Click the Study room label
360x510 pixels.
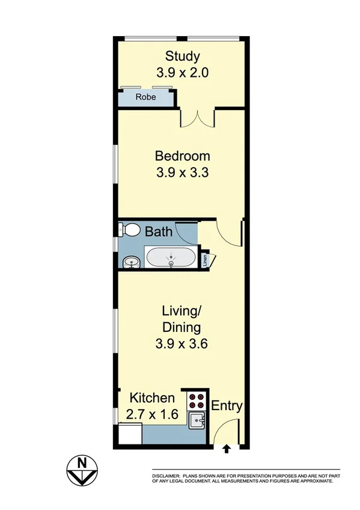(x=182, y=57)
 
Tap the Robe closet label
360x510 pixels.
(x=145, y=97)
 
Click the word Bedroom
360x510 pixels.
(x=182, y=156)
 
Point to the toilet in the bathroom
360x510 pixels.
(x=129, y=230)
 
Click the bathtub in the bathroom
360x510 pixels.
(x=171, y=257)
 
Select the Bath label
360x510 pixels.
(x=159, y=232)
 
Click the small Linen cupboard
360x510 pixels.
(x=206, y=260)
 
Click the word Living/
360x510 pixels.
(x=181, y=312)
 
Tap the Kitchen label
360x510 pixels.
(x=153, y=398)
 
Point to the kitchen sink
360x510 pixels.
(x=197, y=421)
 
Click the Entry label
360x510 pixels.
(x=227, y=406)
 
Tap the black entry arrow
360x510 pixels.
(x=227, y=448)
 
